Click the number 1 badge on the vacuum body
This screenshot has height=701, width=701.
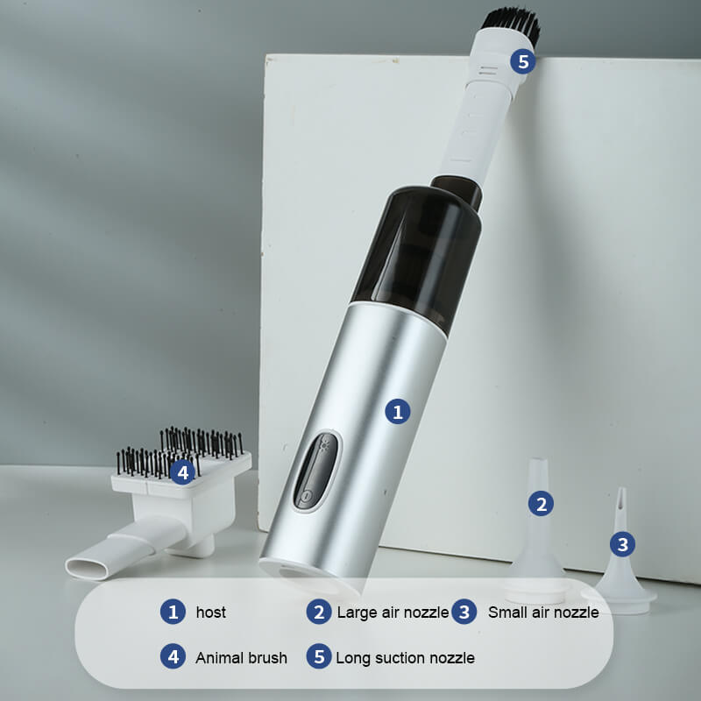click(398, 411)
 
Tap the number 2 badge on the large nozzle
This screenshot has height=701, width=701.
click(541, 504)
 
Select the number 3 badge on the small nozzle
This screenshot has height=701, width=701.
click(622, 544)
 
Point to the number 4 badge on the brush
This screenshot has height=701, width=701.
click(183, 472)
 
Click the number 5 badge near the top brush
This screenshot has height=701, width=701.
click(523, 61)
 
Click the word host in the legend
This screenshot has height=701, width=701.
click(210, 612)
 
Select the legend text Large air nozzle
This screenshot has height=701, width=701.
click(393, 612)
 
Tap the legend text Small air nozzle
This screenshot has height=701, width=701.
click(543, 612)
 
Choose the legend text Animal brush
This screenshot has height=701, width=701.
click(241, 658)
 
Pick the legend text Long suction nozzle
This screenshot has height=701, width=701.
click(405, 658)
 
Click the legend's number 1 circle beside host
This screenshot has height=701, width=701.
click(173, 612)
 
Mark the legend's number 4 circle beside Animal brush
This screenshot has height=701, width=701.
click(173, 656)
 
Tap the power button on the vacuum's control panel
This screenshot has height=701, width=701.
click(306, 496)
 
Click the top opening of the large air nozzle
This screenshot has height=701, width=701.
click(538, 460)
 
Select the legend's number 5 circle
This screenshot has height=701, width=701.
click(319, 656)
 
